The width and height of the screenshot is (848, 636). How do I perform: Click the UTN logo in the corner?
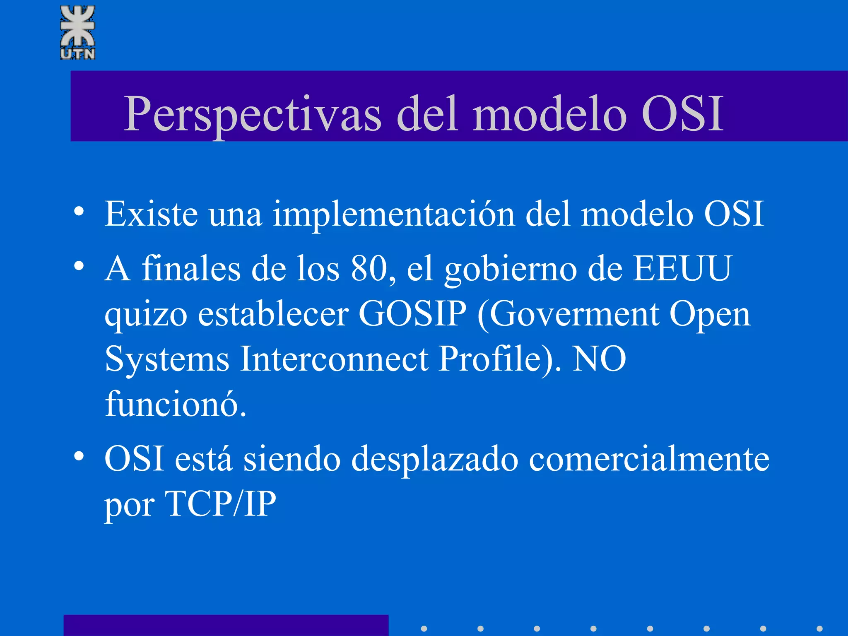point(78,32)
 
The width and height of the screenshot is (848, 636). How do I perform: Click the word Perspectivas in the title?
point(253,114)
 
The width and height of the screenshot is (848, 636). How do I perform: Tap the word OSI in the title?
point(682,114)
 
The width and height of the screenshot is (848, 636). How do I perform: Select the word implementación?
point(393,214)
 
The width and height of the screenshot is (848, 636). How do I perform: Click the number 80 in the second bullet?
point(369,268)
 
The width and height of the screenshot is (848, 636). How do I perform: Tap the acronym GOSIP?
point(412,313)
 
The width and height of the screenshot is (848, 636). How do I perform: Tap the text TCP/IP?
point(220,504)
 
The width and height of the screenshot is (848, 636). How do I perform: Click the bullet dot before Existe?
point(79,212)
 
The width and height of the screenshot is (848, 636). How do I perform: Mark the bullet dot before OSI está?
point(79,457)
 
